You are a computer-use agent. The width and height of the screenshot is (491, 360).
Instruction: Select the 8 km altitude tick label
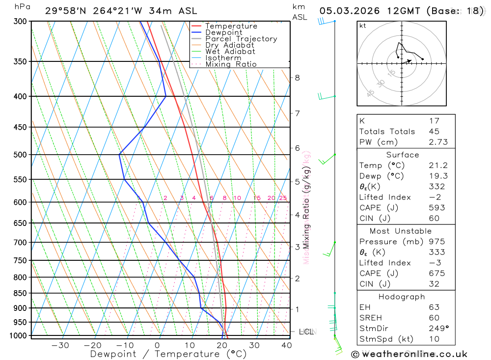pyautogui.click(x=297, y=78)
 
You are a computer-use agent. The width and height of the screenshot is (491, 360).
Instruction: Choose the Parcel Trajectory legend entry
pyautogui.click(x=241, y=39)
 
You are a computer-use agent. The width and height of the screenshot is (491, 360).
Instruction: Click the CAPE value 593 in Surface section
pyautogui.click(x=436, y=208)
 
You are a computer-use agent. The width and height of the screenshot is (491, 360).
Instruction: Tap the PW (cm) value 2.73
pyautogui.click(x=437, y=142)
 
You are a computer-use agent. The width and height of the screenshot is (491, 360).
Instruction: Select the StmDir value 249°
pyautogui.click(x=437, y=329)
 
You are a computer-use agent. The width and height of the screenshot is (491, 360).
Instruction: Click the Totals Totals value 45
pyautogui.click(x=434, y=131)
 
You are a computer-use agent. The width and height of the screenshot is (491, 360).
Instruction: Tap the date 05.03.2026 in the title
pyautogui.click(x=343, y=11)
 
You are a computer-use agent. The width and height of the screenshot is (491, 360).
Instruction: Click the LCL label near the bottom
pyautogui.click(x=306, y=332)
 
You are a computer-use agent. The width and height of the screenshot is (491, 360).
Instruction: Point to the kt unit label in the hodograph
pyautogui.click(x=363, y=26)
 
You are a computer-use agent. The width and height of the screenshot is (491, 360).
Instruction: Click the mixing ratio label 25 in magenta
pyautogui.click(x=283, y=198)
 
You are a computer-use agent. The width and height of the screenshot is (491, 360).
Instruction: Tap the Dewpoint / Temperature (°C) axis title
pyautogui.click(x=168, y=354)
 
